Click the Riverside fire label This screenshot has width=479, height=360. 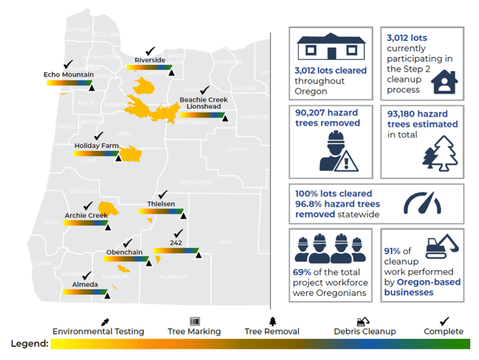(150, 60)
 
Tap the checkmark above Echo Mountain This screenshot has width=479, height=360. (68, 64)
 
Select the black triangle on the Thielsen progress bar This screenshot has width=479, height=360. (183, 216)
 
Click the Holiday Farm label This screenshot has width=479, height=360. (96, 146)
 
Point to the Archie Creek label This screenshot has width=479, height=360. (86, 215)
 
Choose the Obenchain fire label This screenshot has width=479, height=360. (124, 252)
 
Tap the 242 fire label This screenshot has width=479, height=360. (176, 243)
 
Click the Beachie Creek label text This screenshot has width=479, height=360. (203, 100)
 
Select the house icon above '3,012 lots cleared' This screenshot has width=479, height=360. (331, 47)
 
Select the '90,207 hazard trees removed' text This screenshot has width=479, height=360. (328, 118)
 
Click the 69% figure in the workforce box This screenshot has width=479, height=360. (300, 272)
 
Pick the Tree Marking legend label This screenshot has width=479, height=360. (194, 331)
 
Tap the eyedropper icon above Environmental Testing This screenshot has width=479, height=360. (104, 322)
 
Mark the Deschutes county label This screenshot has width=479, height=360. (195, 183)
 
